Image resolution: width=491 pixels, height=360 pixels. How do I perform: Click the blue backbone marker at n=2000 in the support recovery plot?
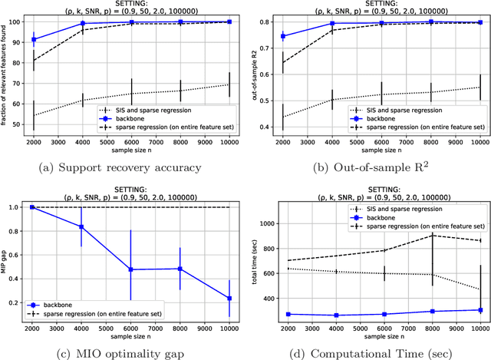33,39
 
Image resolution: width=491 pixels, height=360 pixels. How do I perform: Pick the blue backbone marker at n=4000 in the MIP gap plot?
81,206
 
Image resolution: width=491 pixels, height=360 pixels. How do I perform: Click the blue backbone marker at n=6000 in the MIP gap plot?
131,269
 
